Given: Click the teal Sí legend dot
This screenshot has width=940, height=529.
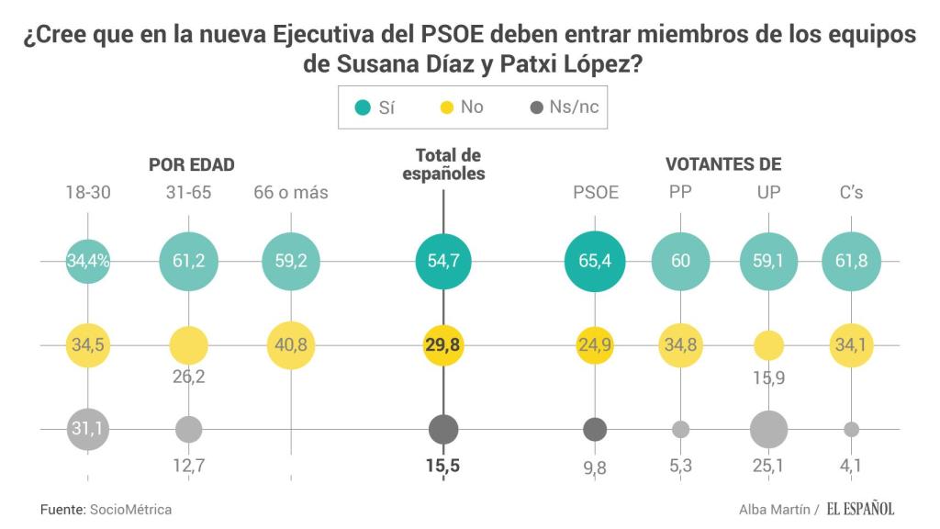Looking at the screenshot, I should point(364,107).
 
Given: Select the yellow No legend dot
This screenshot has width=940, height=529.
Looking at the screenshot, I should point(447,107).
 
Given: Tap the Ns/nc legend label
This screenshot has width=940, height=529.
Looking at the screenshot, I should point(574,107).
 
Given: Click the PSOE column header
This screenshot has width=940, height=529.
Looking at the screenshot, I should point(596,193).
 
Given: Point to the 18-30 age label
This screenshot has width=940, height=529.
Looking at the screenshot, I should point(88,193).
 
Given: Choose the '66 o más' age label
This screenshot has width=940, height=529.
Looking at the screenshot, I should point(291,193).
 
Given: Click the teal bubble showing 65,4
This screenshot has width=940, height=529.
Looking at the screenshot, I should point(595,261).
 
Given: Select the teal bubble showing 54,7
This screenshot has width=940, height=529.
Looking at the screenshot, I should point(443,261).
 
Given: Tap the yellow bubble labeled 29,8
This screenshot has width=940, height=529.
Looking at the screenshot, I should point(443,345).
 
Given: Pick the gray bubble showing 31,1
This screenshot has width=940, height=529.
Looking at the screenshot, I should point(88,429).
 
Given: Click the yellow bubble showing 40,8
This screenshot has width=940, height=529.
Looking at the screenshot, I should point(291,345).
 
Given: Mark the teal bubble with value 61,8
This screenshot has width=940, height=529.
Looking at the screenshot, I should point(851,261).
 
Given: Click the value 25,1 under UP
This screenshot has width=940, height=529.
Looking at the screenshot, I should point(767,467).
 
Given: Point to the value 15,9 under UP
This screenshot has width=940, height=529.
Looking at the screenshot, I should point(767,377).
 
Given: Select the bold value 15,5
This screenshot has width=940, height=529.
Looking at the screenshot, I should point(442,467).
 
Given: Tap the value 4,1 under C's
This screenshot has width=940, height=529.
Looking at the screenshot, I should point(851,467).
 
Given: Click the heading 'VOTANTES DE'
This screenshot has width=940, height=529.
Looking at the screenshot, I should point(723,165).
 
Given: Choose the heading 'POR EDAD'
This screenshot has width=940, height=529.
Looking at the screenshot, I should point(192,165).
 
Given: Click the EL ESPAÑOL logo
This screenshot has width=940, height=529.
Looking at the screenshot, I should point(859,509).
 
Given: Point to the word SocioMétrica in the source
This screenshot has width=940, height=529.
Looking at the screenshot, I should point(130,509).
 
